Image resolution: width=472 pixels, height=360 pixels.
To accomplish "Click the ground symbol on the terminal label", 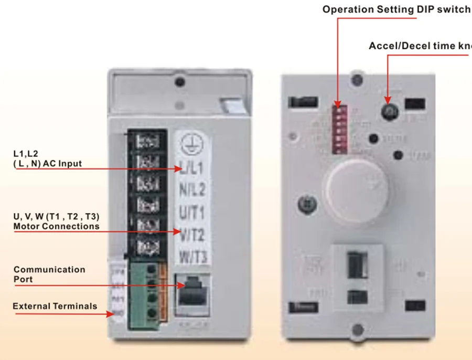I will click(x=188, y=144).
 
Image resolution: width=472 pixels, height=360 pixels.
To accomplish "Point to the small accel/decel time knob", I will click(x=389, y=111).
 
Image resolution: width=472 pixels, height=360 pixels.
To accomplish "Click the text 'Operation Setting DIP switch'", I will click(x=396, y=9).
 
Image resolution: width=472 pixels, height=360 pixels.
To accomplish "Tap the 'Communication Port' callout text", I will click(x=49, y=274).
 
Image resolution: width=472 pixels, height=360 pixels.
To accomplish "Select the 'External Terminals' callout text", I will click(x=55, y=306).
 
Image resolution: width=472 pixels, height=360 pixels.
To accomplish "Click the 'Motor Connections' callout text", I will click(x=56, y=226).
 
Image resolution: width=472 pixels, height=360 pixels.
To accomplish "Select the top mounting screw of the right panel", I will click(x=357, y=80).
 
